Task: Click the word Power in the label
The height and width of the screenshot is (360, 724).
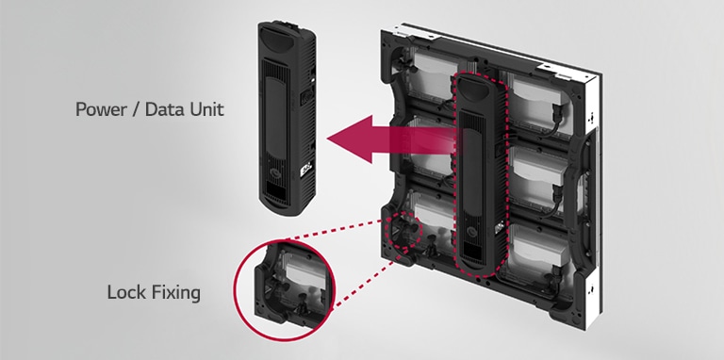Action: pyautogui.click(x=101, y=109)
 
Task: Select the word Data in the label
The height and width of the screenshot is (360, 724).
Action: pyautogui.click(x=164, y=109)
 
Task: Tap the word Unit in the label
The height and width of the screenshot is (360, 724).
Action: pyautogui.click(x=206, y=109)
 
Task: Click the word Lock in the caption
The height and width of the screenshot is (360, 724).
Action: pyautogui.click(x=126, y=293)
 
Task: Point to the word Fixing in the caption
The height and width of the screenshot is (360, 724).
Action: pyautogui.click(x=175, y=293)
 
